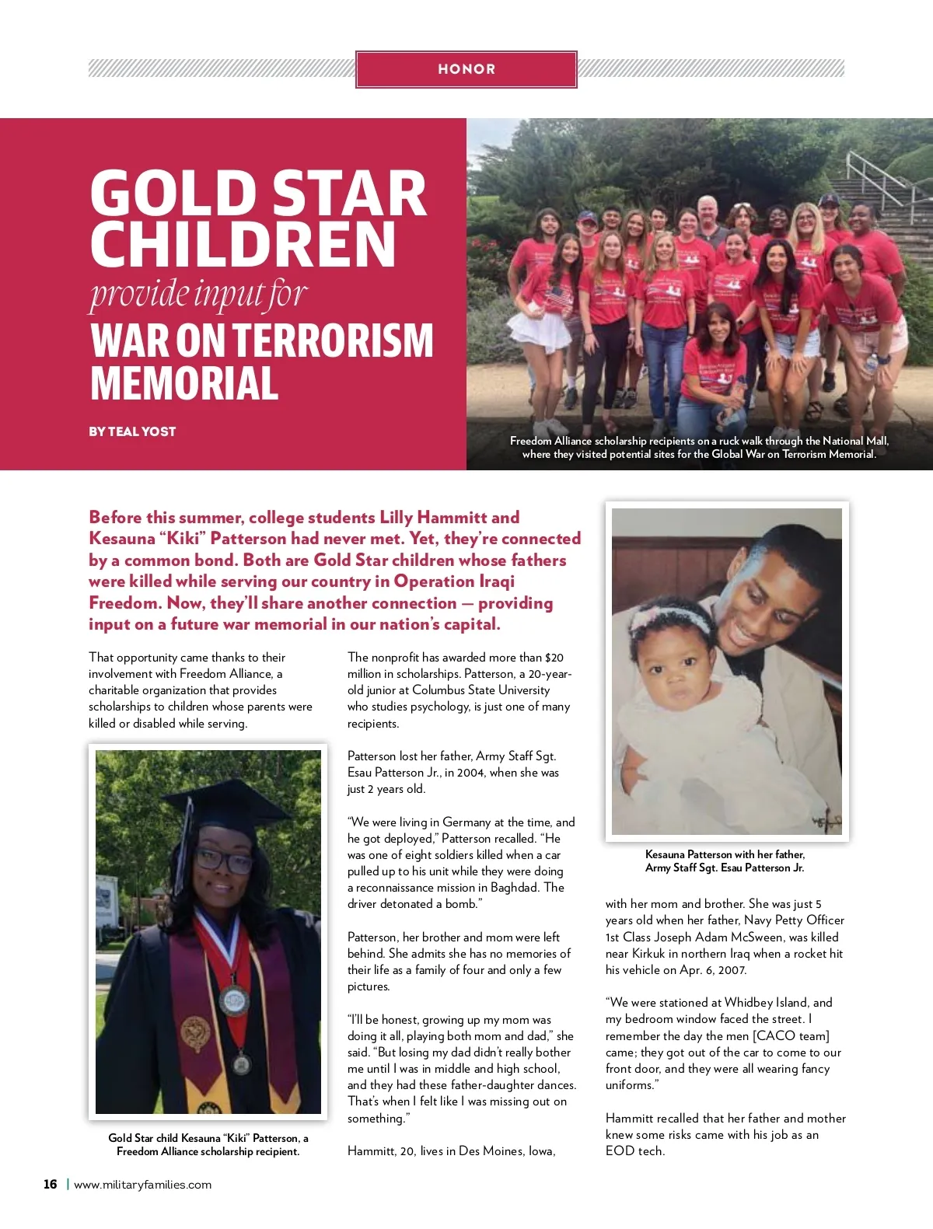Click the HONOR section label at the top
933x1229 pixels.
coord(466,69)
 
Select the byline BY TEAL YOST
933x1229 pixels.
coord(132,431)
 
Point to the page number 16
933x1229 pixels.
coord(51,1184)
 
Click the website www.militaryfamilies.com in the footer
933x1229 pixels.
coord(142,1185)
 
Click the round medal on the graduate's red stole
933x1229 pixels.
coord(234,1000)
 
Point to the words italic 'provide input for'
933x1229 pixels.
coord(198,295)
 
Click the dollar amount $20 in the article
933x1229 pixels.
coord(554,658)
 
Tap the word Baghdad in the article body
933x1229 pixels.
coord(515,888)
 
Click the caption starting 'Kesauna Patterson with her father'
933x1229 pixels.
coord(725,861)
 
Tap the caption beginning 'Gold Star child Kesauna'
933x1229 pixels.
coord(208,1144)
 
